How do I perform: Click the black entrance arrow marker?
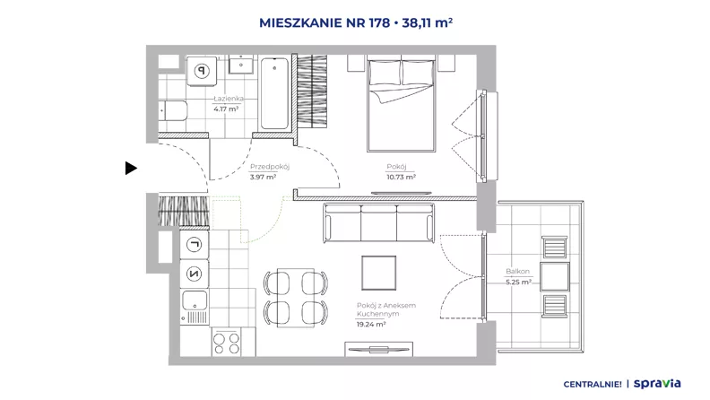click(131, 168)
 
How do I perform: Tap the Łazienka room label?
click(229, 99)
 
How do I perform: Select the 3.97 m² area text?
click(263, 177)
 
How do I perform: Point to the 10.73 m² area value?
click(402, 177)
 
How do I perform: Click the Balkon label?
click(517, 272)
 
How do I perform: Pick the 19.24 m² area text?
click(371, 325)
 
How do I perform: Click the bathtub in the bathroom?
click(275, 93)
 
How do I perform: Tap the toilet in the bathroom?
click(173, 110)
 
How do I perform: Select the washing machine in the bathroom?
click(202, 71)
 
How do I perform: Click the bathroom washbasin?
click(241, 65)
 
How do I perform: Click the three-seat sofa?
click(378, 223)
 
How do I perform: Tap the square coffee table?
click(379, 273)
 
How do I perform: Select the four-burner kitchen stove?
click(227, 343)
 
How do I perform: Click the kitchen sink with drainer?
click(195, 307)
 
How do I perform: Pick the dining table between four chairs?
click(296, 298)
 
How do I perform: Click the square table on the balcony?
click(555, 276)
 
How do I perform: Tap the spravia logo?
click(657, 384)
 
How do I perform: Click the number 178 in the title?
click(379, 22)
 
